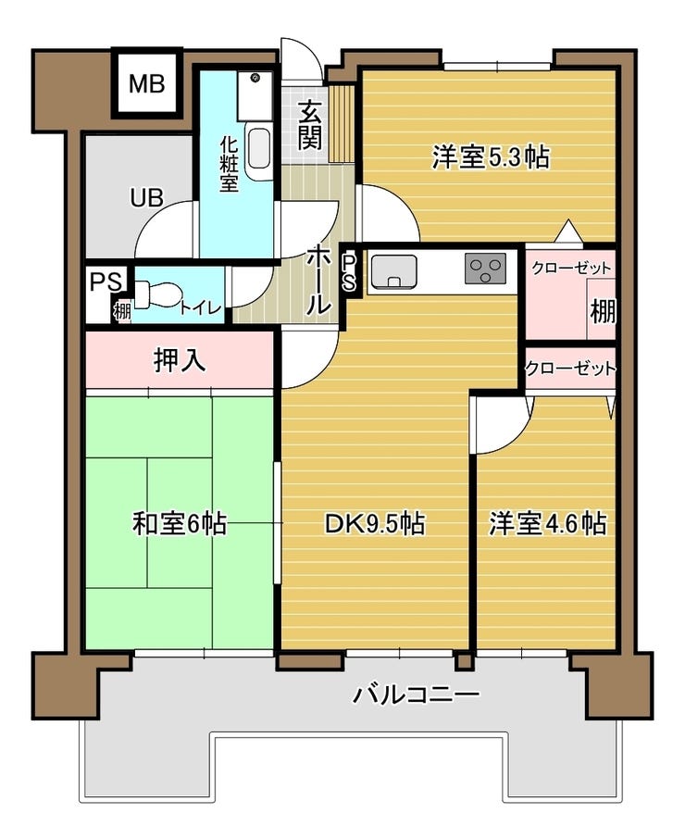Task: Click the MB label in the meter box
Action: coord(146,84)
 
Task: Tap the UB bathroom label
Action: coord(146,196)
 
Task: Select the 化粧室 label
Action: coord(229,164)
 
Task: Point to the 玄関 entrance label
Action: coord(310,126)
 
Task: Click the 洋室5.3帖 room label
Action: coord(491,157)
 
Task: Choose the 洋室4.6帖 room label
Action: coord(547,524)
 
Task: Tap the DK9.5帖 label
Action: coord(374,524)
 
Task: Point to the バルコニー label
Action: coord(416,694)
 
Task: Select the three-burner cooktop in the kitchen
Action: coord(486,269)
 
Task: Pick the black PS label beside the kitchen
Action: coord(349,271)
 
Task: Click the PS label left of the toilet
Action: coord(99,281)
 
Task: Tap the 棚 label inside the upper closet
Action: coord(603,311)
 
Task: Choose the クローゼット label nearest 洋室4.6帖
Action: coord(570,368)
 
